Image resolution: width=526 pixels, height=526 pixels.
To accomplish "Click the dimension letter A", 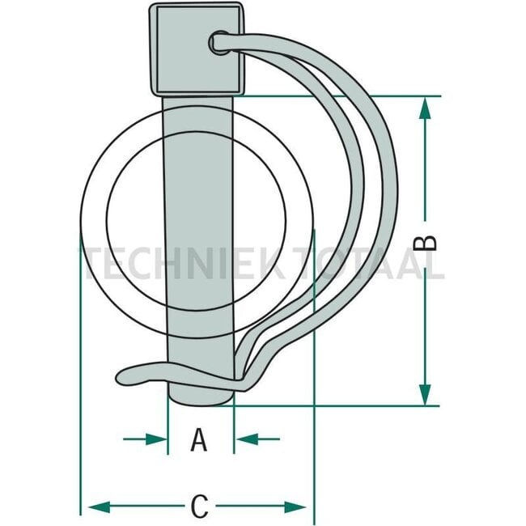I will coord(199,440).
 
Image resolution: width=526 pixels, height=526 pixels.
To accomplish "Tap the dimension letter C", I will coord(199,507).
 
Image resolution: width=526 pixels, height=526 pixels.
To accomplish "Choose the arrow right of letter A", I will coord(247,439).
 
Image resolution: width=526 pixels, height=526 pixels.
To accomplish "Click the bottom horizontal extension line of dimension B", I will coord(340,405).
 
